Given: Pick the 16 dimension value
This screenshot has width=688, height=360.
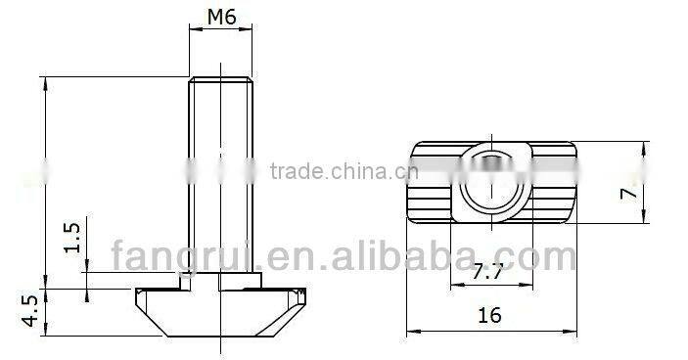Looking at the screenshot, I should click(492, 315).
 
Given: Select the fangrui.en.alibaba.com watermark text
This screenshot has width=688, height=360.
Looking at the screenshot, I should click(343, 259).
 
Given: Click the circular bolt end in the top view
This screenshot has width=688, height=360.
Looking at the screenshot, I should click(489, 182).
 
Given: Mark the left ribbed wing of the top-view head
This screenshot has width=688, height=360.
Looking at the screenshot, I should click(431, 183).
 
